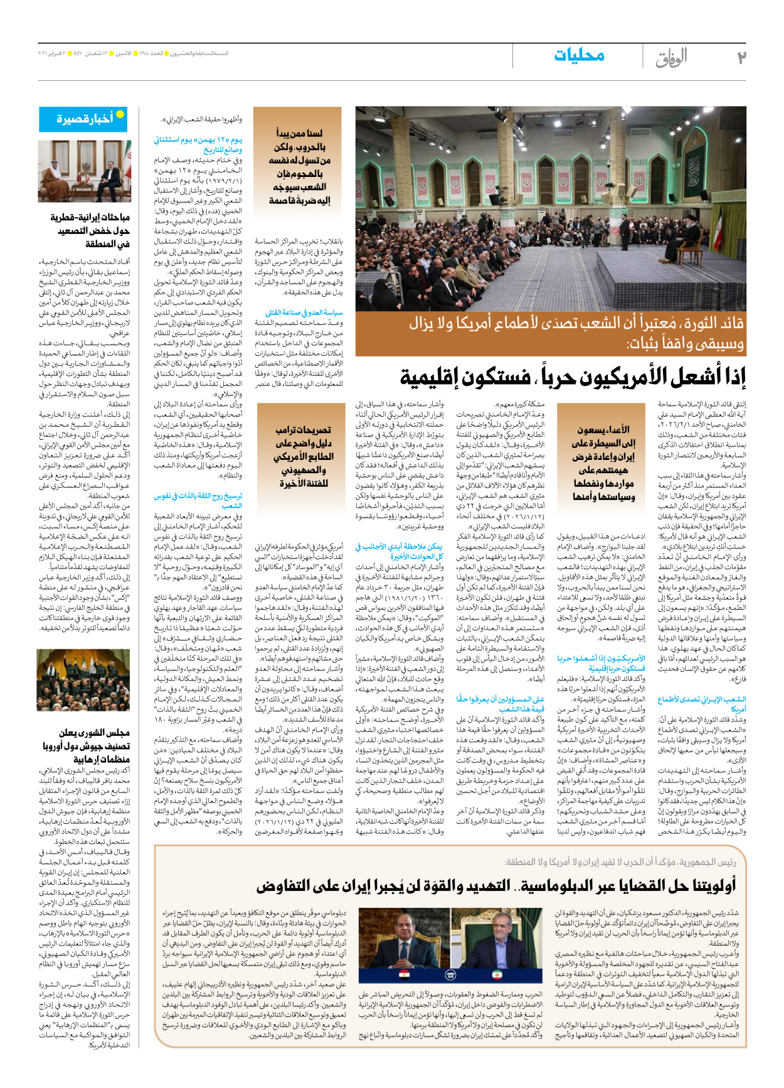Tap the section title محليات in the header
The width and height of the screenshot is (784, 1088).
tap(579, 56)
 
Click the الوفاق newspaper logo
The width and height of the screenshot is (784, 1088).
tap(672, 58)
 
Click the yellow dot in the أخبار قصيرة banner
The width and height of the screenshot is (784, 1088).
tap(120, 114)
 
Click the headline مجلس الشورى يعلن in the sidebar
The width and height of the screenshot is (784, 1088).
tap(95, 733)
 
